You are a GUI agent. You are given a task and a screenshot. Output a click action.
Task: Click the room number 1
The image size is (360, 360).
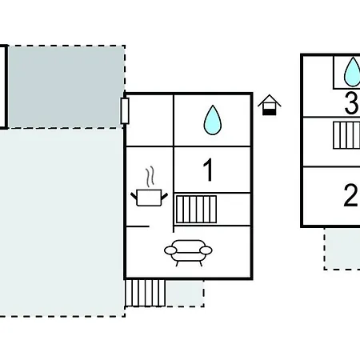coord(208,170)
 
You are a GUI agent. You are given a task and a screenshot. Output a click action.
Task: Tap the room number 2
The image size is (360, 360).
coord(350,195)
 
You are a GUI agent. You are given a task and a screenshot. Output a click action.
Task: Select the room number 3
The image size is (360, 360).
coord(351,102)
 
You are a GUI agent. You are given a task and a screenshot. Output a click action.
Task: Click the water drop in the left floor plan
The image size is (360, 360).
coord(213,120)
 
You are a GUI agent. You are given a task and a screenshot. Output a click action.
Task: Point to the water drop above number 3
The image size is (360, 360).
coord(353,72)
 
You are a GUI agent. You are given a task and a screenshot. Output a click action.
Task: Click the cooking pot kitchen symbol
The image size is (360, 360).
coord(149,198)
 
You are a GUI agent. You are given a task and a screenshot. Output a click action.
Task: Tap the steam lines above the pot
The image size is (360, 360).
coord(150,176)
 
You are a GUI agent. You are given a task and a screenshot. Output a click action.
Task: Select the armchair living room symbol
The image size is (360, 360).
coord(188,253)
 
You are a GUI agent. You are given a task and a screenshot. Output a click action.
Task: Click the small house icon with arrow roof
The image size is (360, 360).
coord(270,105)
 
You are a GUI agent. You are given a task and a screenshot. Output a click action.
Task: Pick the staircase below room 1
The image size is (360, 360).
coord(196,209)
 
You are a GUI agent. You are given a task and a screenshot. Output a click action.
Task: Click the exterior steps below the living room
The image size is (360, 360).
coord(145,293)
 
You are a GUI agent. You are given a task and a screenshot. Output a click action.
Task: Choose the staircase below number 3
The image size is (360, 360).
coord(346,135)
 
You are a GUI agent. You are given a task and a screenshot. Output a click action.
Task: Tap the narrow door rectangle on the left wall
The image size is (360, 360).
coord(125,111)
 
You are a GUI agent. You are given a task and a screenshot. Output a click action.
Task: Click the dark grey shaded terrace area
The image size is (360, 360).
coord(66,86)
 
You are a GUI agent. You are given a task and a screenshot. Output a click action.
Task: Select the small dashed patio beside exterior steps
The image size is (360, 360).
coord(185,293)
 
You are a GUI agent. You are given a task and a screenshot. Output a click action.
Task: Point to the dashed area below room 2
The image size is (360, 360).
coord(342,249)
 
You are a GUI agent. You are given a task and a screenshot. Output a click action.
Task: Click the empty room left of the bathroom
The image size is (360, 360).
coord(150,121)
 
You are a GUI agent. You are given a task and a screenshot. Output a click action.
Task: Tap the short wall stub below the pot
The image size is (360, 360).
coord(138,226)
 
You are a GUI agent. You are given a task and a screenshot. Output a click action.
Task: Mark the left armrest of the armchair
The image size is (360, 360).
coord(170,250)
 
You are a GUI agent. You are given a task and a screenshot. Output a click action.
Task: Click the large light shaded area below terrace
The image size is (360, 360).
coord(62,222)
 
